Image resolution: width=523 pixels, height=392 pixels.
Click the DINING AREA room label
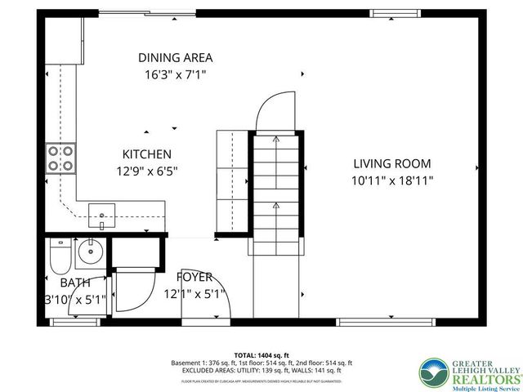(175, 57)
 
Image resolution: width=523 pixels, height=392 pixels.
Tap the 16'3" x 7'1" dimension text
(175, 74)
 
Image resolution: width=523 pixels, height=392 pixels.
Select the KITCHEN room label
(146, 154)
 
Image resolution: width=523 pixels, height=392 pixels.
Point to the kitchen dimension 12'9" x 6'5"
(146, 171)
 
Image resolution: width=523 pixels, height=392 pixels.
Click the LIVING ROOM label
(391, 163)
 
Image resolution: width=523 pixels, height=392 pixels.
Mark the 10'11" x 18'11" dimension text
(391, 180)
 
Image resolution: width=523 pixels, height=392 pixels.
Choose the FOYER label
(194, 277)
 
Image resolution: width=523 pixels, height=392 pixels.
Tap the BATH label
(75, 283)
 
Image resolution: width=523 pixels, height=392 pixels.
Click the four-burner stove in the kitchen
(60, 158)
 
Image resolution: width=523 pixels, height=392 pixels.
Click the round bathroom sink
(92, 252)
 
